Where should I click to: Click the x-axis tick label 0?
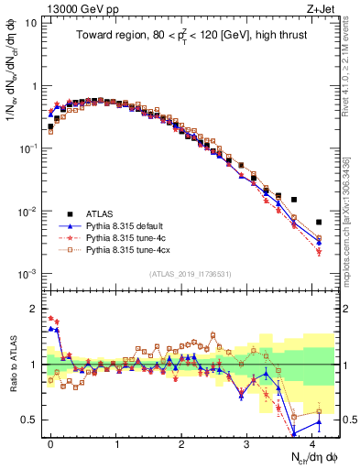coord(51,442)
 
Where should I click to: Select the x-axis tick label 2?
coord(181,442)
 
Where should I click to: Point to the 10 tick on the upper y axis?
coord(31,22)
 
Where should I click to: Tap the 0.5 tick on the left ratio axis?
coord(29,420)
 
